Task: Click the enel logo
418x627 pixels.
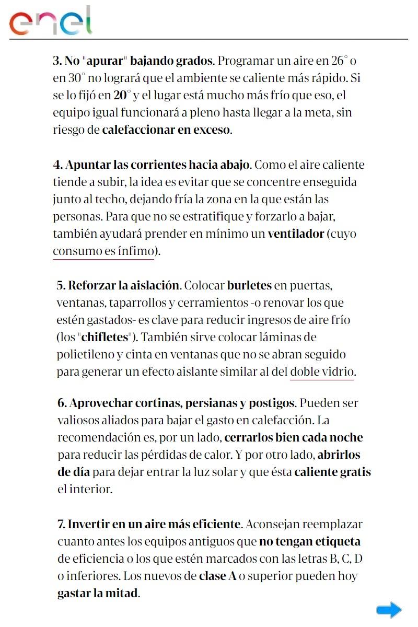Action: click(x=51, y=21)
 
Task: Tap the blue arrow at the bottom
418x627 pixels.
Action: click(x=389, y=610)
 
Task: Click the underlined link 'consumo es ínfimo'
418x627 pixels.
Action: click(x=103, y=251)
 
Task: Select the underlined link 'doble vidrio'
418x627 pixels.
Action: click(x=322, y=372)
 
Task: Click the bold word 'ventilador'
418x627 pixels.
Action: click(x=296, y=234)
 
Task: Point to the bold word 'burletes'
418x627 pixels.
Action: click(x=249, y=286)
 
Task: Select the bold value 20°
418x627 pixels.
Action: click(x=122, y=96)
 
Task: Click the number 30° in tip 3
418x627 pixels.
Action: click(x=75, y=78)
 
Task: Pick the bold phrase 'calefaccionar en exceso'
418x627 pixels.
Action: click(x=166, y=130)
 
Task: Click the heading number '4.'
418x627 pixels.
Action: click(x=57, y=165)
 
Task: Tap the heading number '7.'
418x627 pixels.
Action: click(x=61, y=524)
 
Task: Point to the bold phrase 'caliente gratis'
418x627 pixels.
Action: click(x=332, y=472)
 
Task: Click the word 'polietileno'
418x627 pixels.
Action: click(x=85, y=354)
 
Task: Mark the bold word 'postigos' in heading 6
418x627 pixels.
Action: click(x=272, y=403)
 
